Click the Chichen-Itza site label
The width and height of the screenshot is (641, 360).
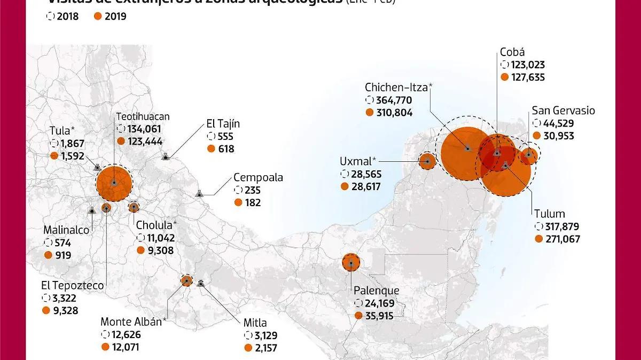[x=398, y=87]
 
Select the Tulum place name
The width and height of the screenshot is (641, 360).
[x=549, y=214]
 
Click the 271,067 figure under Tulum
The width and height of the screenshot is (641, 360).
[x=562, y=239]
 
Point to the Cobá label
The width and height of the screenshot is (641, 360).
[x=512, y=52]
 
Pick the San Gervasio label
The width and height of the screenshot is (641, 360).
[x=563, y=111]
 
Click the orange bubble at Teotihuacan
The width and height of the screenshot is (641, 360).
[x=114, y=183]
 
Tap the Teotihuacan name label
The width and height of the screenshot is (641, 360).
[x=143, y=116]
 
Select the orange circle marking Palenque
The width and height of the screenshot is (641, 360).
[x=351, y=263]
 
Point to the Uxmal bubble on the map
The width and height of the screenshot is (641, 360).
[x=427, y=161]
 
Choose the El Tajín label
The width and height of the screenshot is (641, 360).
[x=223, y=124]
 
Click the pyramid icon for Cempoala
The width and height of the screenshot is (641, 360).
[x=199, y=193]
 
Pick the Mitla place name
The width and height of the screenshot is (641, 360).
[x=255, y=323]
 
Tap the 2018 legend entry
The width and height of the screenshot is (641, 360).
[x=62, y=16]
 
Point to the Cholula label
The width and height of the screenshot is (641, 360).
[x=157, y=225]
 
